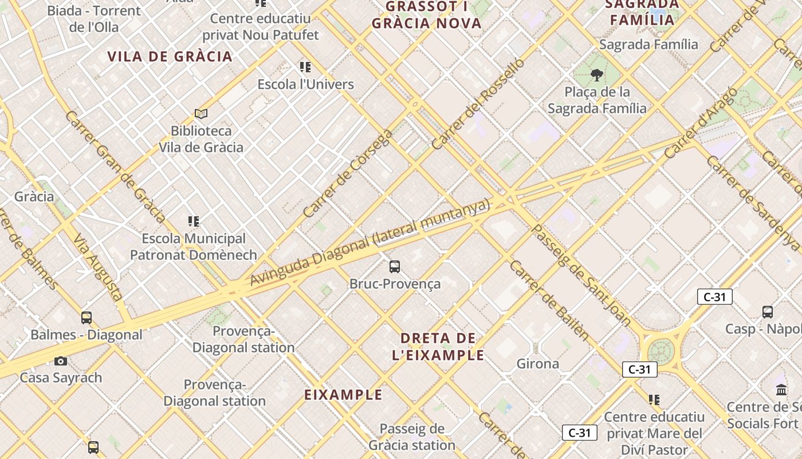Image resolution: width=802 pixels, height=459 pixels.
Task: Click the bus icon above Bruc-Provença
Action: pos(395,266)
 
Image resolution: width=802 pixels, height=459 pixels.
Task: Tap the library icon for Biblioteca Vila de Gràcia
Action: pos(200,114)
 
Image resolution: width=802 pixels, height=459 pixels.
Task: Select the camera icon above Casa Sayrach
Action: pos(61,361)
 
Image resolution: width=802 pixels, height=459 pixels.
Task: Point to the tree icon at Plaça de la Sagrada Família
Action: pos(597,75)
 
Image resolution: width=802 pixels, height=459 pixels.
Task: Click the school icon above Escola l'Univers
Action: pos(305,67)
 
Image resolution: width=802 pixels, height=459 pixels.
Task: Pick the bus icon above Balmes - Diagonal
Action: pos(87,317)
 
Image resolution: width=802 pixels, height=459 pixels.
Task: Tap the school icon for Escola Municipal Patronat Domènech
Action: pos(194,221)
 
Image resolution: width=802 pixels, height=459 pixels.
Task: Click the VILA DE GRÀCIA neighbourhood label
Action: pos(170,56)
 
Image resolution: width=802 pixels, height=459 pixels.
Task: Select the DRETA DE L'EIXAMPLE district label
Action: pos(438,347)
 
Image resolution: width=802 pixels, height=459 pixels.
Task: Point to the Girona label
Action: pos(538,364)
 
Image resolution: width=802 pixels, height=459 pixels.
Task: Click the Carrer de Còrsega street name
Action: pos(348,173)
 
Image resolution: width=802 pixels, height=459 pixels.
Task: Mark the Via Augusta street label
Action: pos(98,267)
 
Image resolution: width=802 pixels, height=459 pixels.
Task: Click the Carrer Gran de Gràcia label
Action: pos(115,166)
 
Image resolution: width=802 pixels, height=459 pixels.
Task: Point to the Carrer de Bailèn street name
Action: pos(549,301)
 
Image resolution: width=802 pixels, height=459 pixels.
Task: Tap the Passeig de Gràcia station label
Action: pos(412,437)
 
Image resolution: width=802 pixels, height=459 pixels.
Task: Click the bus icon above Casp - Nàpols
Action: pos(768,312)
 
